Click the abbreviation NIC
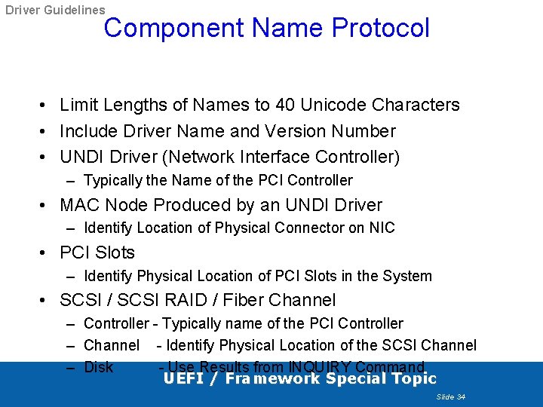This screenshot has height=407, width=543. point(382,228)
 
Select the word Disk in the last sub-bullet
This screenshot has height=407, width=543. point(99,368)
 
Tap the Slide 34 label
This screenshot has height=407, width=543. point(451,396)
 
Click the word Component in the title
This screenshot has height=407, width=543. point(174,29)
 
